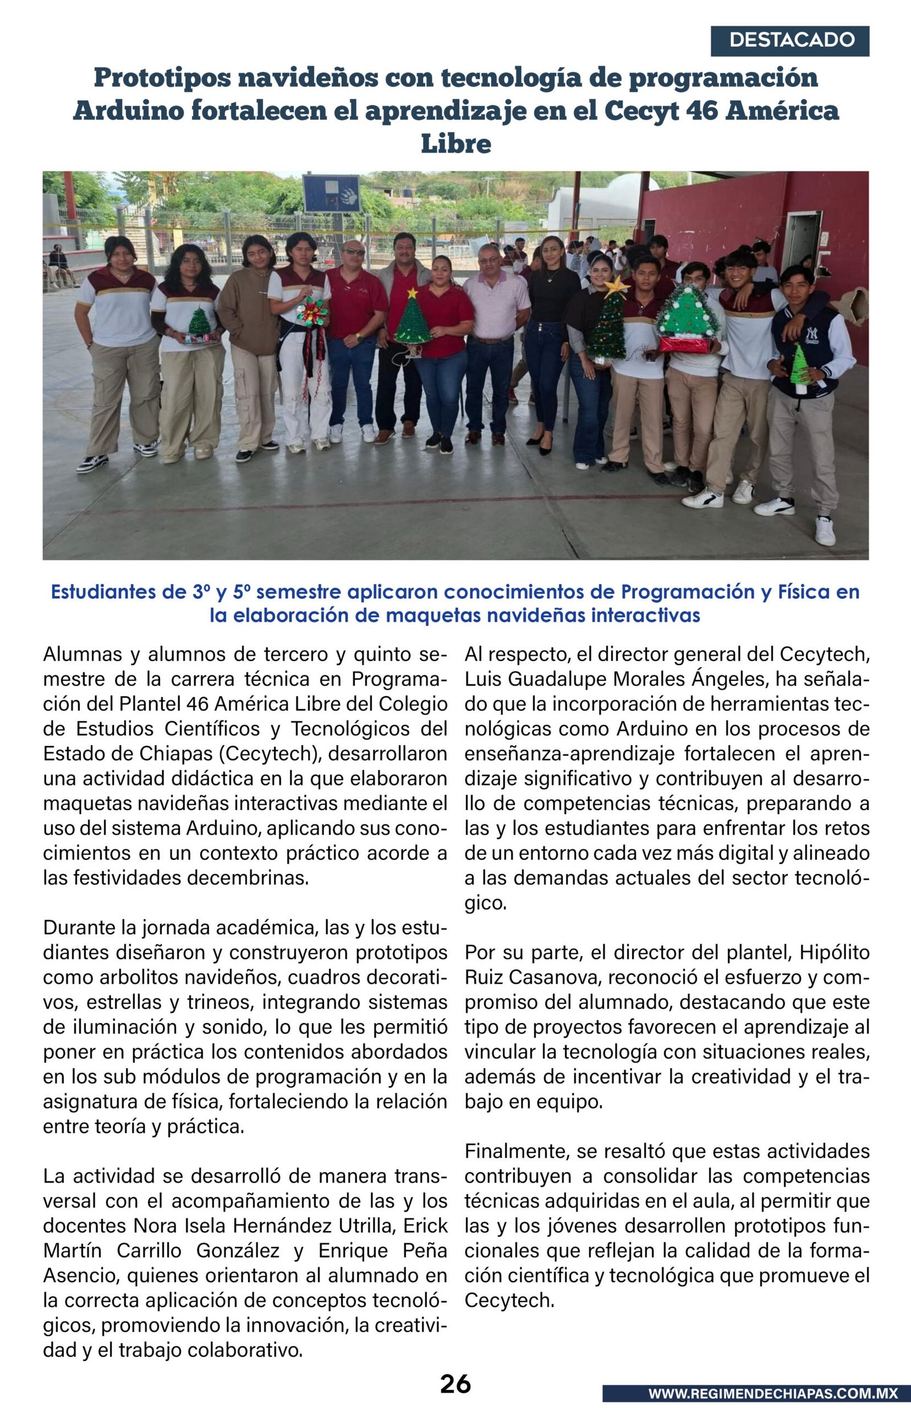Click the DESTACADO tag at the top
click(x=791, y=40)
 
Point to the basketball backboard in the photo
click(x=331, y=194)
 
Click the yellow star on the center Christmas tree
click(x=412, y=293)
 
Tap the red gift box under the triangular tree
click(x=685, y=344)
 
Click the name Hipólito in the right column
click(x=834, y=953)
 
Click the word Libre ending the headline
click(x=455, y=143)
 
